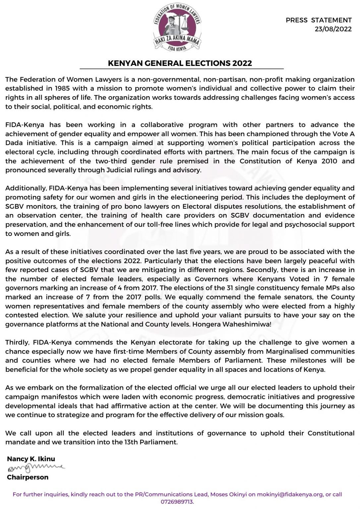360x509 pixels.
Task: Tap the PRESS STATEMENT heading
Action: click(319, 20)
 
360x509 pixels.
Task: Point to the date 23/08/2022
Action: click(333, 29)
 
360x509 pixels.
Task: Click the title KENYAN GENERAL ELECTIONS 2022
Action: click(180, 63)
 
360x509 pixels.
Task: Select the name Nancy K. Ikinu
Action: click(31, 459)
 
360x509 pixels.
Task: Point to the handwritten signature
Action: click(36, 468)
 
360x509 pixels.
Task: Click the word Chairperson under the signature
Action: click(28, 477)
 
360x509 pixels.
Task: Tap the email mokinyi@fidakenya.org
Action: click(290, 494)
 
